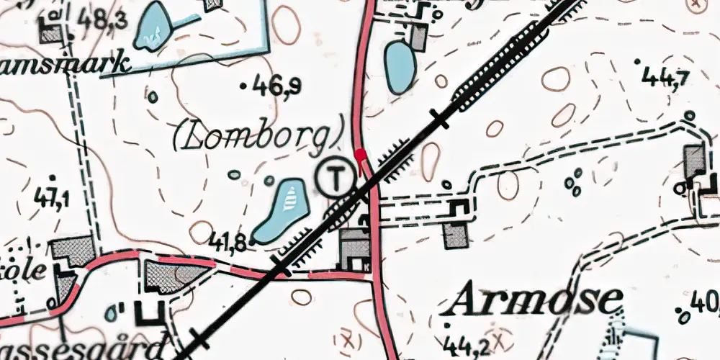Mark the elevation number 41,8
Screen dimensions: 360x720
point(230,241)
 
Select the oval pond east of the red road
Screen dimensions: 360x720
point(398,66)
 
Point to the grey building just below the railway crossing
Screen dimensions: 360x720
point(356,248)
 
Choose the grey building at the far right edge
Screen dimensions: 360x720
point(696,160)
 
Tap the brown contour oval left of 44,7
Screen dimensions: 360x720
point(556,78)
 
